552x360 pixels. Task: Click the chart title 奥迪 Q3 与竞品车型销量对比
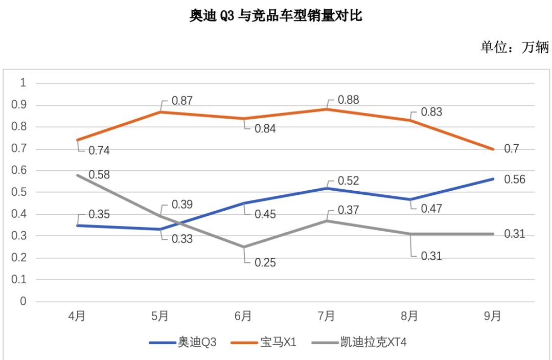pos(275,16)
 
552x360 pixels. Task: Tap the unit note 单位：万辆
pos(514,48)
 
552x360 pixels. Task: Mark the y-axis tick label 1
pos(23,83)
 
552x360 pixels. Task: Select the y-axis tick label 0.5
pos(19,192)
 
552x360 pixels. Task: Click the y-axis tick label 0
pos(23,302)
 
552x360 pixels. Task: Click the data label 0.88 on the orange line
pos(349,100)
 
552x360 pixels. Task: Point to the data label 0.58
pos(99,175)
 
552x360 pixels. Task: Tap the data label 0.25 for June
pos(265,263)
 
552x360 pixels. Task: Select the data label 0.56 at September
pos(515,179)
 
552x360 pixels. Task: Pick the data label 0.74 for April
pos(99,151)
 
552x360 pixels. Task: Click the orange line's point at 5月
pos(160,111)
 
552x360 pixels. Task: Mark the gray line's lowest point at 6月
pos(243,247)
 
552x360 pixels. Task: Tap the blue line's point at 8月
pos(409,199)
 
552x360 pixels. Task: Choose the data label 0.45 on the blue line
pos(265,214)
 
